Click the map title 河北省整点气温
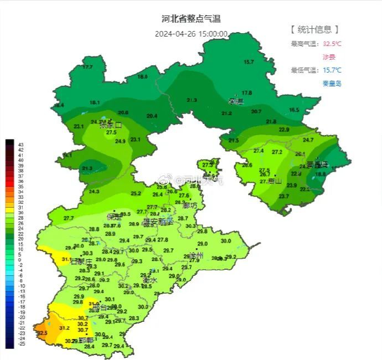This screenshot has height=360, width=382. pos(191,19)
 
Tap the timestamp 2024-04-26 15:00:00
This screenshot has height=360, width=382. pos(191,34)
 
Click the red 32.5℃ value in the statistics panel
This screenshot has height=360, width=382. pos(332,44)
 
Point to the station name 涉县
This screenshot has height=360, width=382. pos(329,57)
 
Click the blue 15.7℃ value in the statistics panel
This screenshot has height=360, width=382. pos(332,70)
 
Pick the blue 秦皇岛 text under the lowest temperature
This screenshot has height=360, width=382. pos(332,84)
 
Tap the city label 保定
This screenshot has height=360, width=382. pos(114,217)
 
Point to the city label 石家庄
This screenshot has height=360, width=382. pos(82,261)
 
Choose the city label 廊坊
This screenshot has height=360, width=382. pos(189,205)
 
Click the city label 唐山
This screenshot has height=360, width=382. pos(275,181)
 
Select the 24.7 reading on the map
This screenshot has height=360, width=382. pos(308,140)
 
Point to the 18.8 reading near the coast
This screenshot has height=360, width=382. pos(321,174)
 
